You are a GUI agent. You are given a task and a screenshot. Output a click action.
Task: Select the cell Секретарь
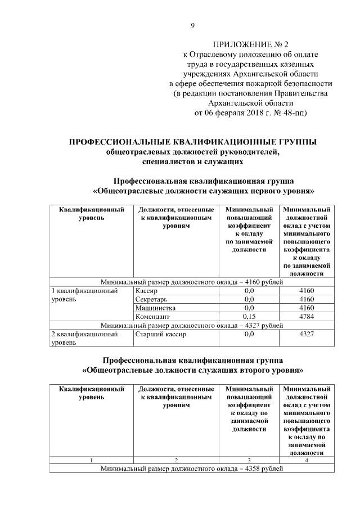(151, 300)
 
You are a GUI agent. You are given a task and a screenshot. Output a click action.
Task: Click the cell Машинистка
(156, 308)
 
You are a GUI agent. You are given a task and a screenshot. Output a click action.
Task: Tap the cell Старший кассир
(160, 334)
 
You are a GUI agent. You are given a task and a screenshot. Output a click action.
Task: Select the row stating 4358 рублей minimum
(191, 468)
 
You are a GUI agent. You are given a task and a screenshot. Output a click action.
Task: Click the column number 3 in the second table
(249, 460)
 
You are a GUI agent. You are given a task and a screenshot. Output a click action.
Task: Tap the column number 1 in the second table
(92, 460)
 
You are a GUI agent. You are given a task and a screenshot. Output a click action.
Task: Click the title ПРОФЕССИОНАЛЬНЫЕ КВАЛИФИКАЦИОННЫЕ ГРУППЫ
(192, 142)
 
